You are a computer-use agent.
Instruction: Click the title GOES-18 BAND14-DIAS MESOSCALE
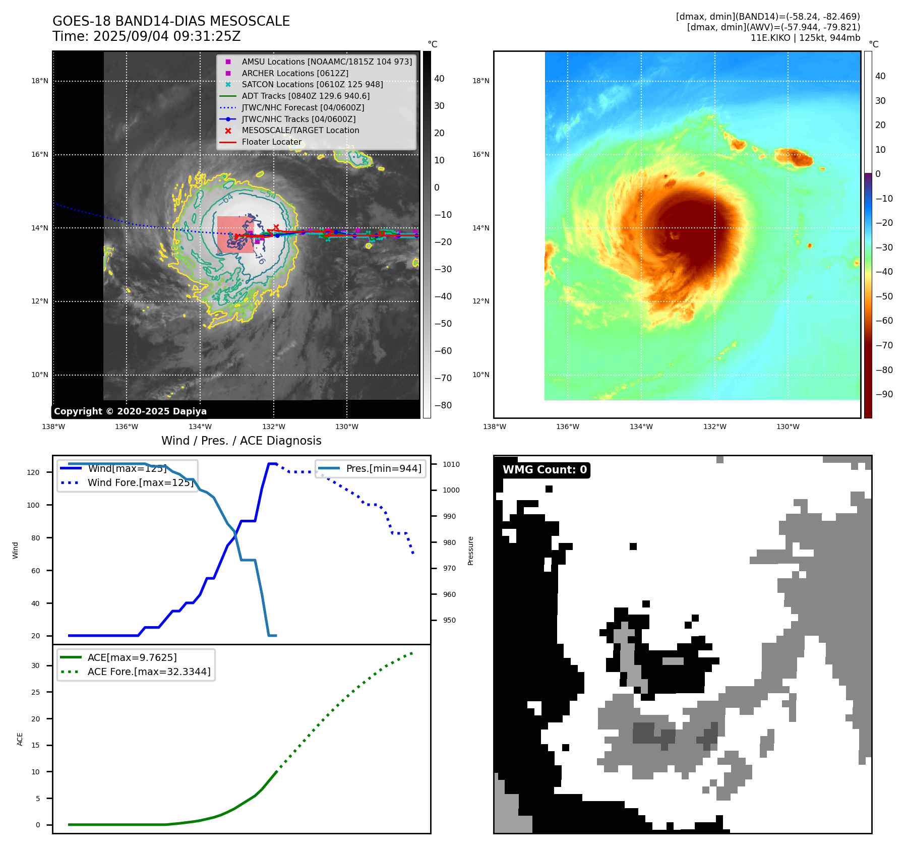171,21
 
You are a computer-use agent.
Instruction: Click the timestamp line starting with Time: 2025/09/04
146,36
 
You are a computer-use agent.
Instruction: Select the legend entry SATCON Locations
312,85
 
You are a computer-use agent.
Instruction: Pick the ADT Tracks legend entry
306,96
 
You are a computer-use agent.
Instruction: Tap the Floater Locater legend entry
271,142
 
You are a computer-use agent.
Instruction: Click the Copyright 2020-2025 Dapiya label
130,411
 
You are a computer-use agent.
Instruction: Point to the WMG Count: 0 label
545,470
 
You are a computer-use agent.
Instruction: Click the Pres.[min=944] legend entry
384,468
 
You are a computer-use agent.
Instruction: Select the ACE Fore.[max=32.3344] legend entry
149,672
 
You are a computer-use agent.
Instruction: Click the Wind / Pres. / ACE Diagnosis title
241,441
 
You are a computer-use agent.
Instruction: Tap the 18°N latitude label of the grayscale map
40,81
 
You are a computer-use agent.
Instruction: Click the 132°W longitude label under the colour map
714,427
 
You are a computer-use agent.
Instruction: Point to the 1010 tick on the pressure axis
451,464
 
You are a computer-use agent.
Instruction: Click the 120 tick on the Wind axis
33,472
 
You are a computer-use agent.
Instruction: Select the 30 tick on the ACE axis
35,665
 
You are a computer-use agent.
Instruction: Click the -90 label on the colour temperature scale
884,394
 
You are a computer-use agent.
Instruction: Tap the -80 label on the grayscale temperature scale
443,405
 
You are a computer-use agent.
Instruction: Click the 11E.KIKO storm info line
805,38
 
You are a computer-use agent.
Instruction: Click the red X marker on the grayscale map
276,227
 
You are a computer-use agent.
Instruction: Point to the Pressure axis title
470,551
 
